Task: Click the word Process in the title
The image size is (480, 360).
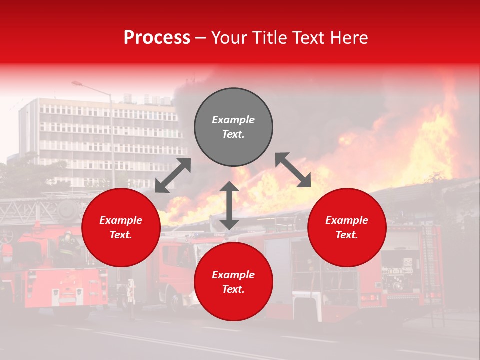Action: (x=157, y=38)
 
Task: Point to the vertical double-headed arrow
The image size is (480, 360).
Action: (x=229, y=205)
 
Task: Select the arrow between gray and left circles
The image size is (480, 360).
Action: (x=173, y=175)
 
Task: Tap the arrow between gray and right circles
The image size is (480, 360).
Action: (x=293, y=170)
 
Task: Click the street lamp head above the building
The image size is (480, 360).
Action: (x=77, y=84)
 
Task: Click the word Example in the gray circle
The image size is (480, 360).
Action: (x=233, y=120)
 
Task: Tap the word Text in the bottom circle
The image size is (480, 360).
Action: (x=233, y=289)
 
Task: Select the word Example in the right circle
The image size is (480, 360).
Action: (x=347, y=220)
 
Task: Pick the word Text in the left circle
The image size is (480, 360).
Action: (x=121, y=235)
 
